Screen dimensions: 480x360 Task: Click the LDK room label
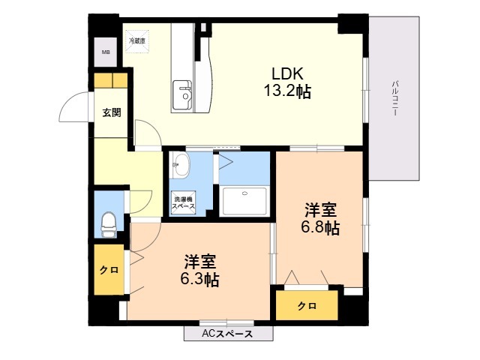[288, 73]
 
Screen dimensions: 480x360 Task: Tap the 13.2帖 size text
[287, 91]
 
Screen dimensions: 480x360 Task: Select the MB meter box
[106, 52]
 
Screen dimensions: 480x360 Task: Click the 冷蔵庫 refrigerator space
[136, 41]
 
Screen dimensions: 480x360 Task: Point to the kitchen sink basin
[182, 95]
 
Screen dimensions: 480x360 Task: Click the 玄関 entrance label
[112, 112]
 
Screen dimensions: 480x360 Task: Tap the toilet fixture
[108, 225]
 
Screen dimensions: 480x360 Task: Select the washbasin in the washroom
[180, 165]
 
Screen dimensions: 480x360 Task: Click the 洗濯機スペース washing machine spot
[183, 202]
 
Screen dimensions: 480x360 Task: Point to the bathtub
[244, 201]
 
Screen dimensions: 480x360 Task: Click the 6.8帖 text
[320, 228]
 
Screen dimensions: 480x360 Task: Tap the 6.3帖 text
[199, 279]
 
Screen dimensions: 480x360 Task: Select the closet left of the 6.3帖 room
[109, 270]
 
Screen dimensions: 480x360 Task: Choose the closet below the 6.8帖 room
[307, 305]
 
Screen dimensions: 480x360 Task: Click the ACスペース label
[227, 334]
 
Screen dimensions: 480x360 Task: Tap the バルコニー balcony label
[395, 98]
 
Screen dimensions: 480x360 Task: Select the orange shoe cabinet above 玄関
[111, 80]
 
